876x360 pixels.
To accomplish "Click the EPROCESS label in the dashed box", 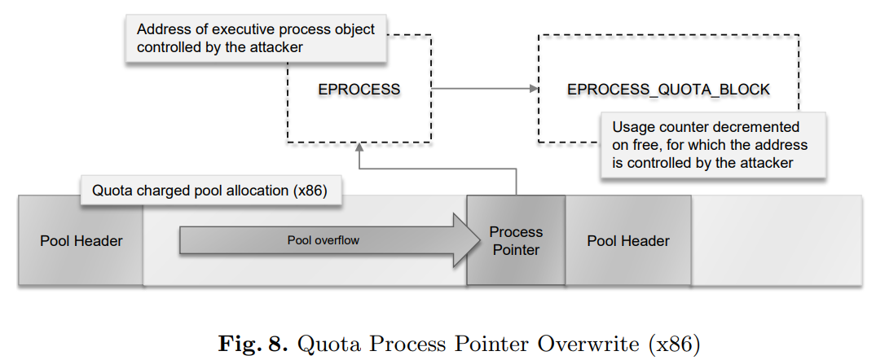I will coord(359,89).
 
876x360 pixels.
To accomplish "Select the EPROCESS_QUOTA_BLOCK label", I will coord(668,89).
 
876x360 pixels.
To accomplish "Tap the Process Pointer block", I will coord(515,241).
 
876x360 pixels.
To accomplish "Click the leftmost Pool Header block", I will coord(81,241).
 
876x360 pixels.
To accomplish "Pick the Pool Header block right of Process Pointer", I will coord(627,241).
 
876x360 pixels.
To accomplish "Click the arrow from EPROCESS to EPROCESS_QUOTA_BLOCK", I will coord(484,88).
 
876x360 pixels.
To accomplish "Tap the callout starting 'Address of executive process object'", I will coord(255,38).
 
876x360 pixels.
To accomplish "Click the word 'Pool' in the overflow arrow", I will coord(300,241).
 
